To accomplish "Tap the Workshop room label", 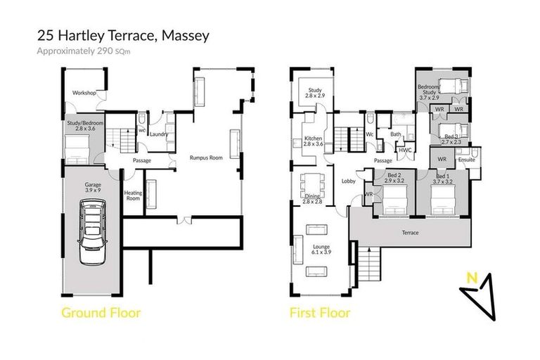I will click(x=84, y=93).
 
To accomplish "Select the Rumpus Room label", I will click(x=206, y=158).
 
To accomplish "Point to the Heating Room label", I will click(x=133, y=195).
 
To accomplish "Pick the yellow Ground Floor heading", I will click(x=101, y=313).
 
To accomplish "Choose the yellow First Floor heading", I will click(x=320, y=313).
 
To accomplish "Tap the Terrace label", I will click(x=410, y=233).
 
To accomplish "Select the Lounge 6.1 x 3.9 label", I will click(x=321, y=248).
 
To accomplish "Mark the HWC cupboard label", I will click(x=405, y=150).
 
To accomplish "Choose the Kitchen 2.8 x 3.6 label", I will click(x=313, y=141).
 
